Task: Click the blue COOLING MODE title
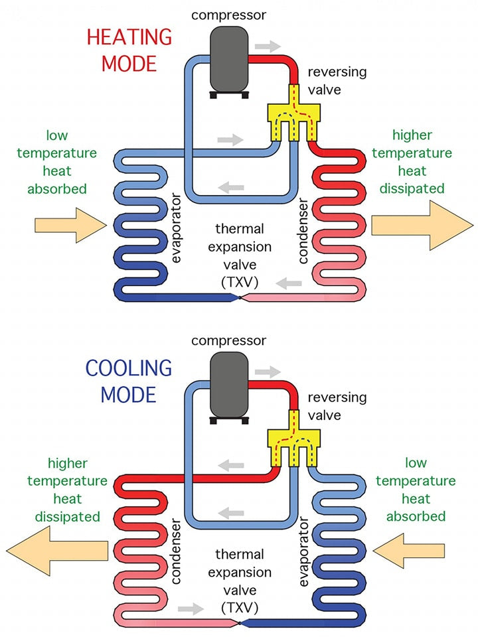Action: point(129,381)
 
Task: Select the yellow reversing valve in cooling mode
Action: point(293,442)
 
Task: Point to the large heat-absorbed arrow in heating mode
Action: point(70,224)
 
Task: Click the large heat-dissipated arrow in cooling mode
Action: point(53,548)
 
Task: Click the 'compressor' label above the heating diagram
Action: point(229,15)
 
